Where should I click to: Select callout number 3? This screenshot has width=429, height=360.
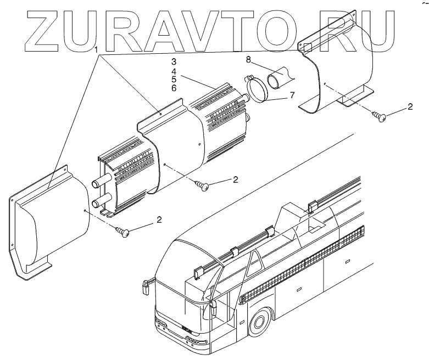click(x=174, y=61)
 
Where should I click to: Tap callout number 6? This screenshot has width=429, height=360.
click(x=174, y=88)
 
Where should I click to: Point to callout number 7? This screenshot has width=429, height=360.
click(x=292, y=94)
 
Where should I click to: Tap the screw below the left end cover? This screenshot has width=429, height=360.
click(x=124, y=232)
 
